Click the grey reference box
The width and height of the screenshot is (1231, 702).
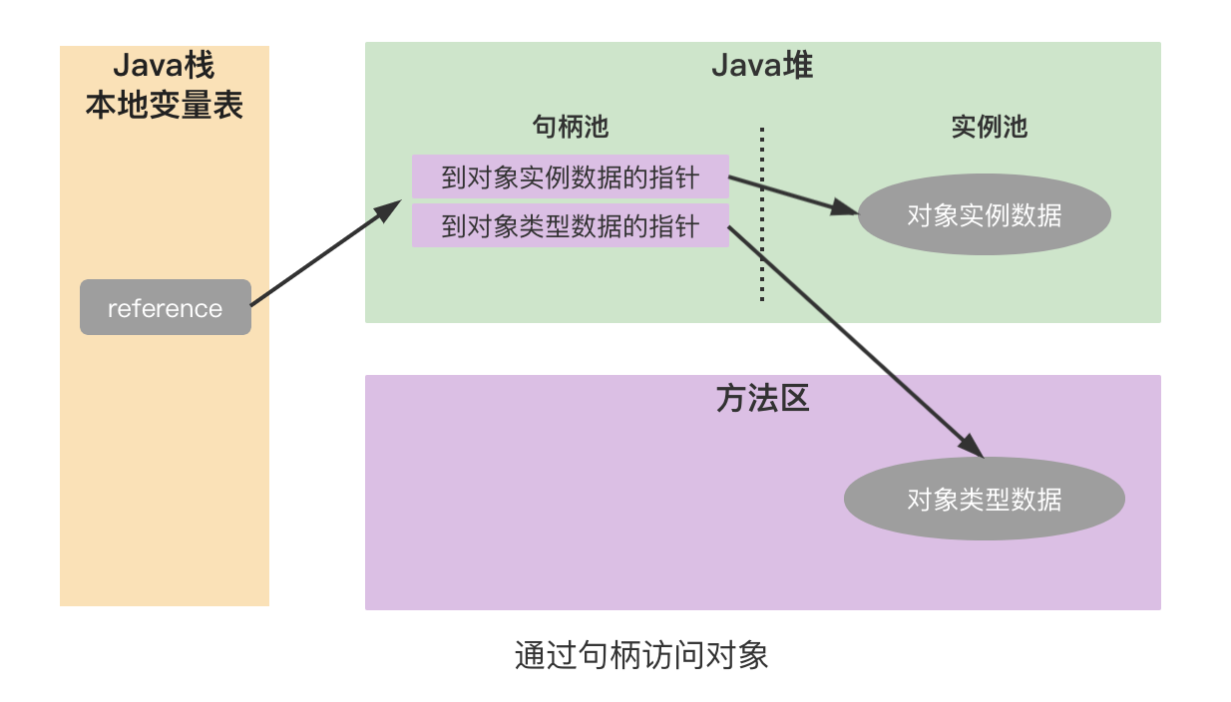165,307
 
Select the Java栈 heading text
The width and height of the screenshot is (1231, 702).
164,67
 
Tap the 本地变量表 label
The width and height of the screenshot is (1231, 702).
164,106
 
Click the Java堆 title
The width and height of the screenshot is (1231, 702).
762,66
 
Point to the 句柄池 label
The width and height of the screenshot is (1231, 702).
571,127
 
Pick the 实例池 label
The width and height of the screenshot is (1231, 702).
989,127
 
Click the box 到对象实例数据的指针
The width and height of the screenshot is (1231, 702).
570,176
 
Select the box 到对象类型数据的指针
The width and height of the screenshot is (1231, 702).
570,226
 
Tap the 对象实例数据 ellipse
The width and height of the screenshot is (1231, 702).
984,214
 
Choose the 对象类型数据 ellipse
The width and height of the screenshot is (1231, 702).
984,499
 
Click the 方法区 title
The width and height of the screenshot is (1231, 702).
762,398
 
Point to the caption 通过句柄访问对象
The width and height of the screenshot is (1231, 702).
641,655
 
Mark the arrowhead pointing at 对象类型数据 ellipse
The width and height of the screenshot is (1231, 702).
972,446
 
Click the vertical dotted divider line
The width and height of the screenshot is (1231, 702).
762,214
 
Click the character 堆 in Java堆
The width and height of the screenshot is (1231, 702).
798,66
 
